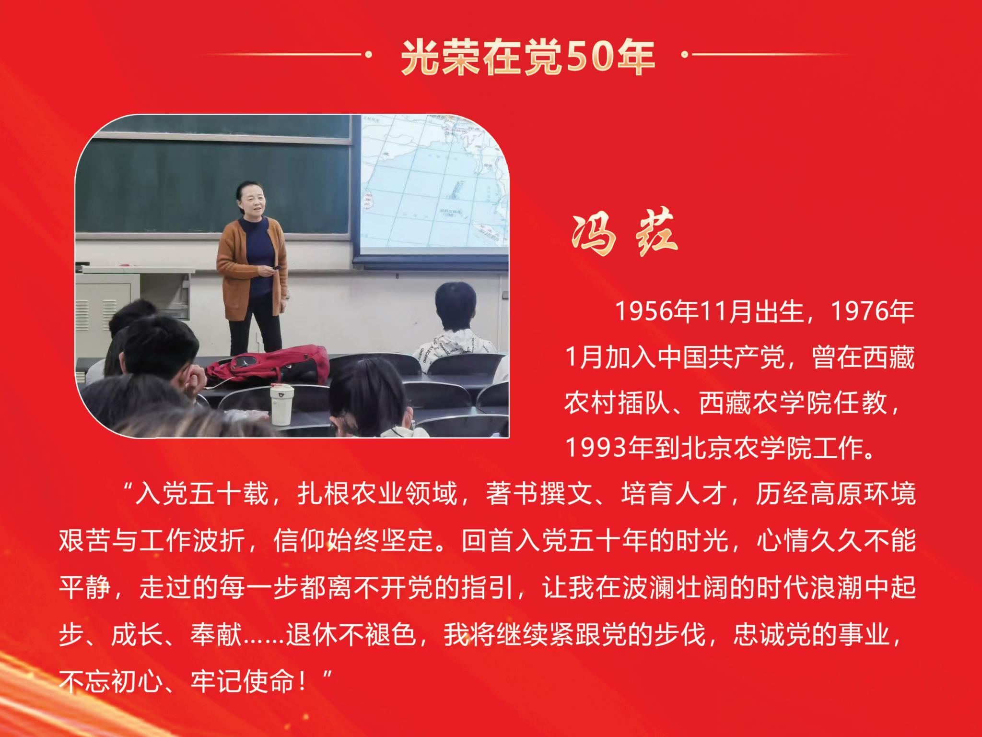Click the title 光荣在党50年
click(x=528, y=57)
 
